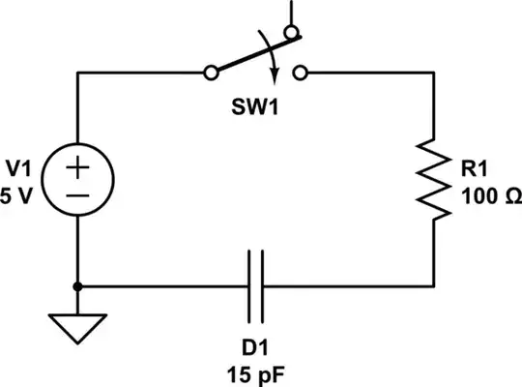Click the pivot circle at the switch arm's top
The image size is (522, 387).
[x=289, y=36]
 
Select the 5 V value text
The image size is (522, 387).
[x=19, y=194]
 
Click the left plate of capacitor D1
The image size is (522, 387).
[x=249, y=286]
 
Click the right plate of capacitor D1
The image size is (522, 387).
[x=262, y=286]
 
